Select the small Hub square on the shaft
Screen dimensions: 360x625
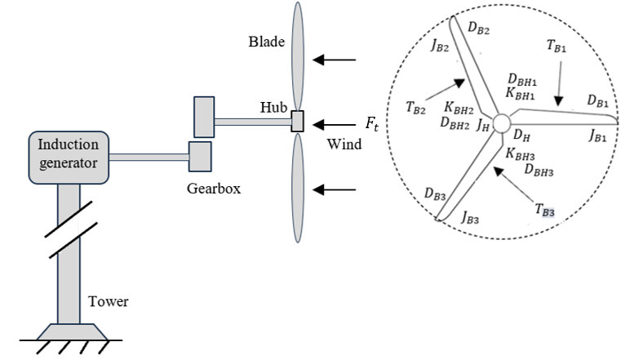point(297,122)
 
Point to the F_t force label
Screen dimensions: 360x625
point(372,124)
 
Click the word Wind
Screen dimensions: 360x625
point(344,144)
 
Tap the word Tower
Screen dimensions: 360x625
point(109,303)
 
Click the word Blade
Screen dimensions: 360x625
point(267,42)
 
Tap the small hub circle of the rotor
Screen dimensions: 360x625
point(501,122)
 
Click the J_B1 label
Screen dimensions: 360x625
point(596,136)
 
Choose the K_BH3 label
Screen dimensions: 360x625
point(520,153)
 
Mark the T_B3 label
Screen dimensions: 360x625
point(546,211)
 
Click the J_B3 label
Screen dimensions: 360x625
point(471,217)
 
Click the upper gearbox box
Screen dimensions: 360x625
point(204,117)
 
